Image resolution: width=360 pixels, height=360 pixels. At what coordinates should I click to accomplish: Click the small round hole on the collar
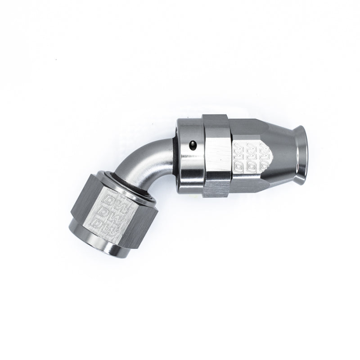click(x=192, y=145)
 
